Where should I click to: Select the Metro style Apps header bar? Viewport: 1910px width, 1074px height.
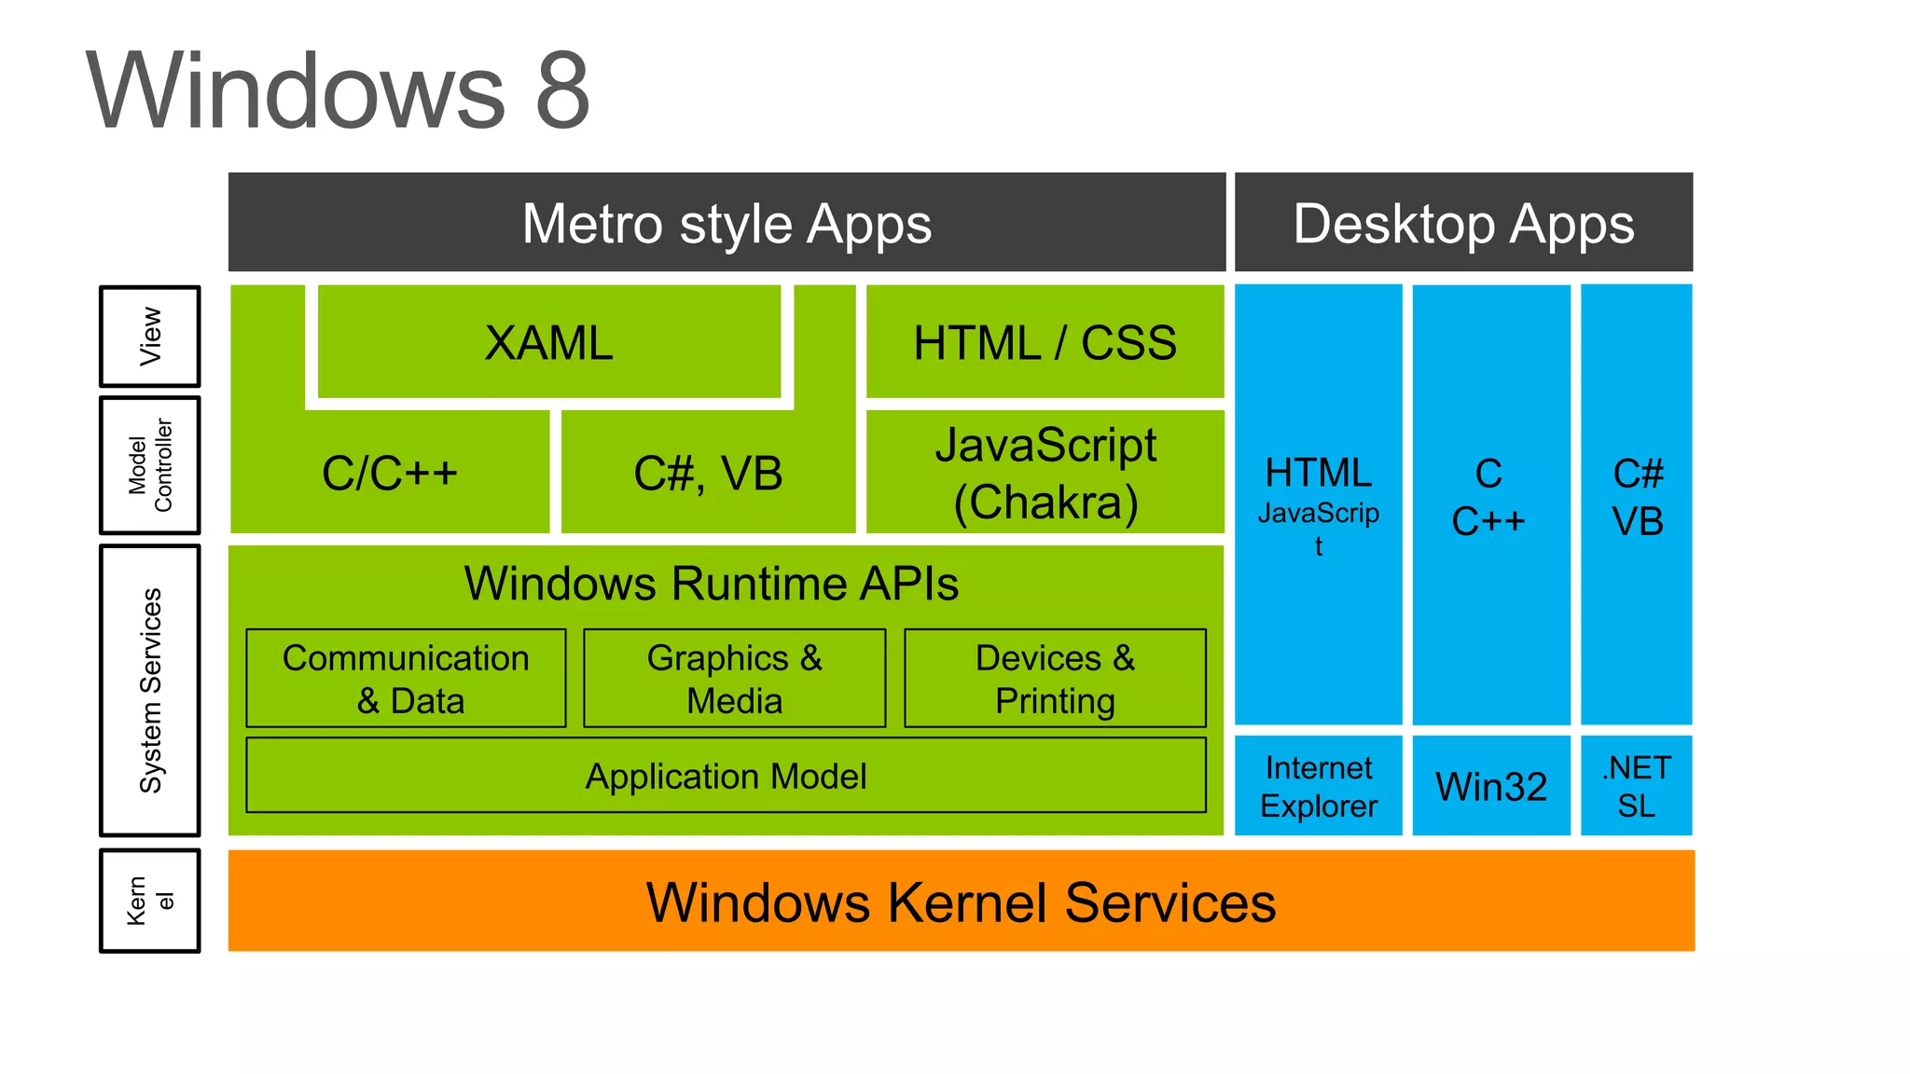click(727, 223)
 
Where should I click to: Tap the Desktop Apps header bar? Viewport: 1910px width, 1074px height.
click(1462, 223)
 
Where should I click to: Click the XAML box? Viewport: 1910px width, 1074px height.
click(548, 343)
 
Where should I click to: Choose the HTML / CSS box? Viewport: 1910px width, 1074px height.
click(1045, 343)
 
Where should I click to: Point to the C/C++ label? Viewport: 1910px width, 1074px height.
click(390, 473)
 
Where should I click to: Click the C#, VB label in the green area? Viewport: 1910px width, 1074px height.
click(708, 473)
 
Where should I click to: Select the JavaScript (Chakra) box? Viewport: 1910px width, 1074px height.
click(1045, 473)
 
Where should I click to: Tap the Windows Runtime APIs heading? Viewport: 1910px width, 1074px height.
click(711, 584)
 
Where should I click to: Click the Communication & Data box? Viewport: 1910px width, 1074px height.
click(406, 679)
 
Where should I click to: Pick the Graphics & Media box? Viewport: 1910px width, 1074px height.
click(734, 679)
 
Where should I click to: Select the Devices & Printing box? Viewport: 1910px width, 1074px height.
click(1055, 679)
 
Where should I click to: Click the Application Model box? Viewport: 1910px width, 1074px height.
click(726, 776)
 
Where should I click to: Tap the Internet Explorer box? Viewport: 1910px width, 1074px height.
click(1318, 786)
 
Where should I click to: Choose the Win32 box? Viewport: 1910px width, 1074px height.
click(1490, 786)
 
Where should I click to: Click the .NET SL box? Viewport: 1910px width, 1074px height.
click(1636, 786)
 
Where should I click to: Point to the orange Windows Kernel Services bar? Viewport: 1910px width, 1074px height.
click(961, 902)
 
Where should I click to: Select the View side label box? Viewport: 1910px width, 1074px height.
click(150, 337)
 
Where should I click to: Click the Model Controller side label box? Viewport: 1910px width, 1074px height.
click(150, 465)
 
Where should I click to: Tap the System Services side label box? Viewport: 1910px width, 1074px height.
click(150, 691)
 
